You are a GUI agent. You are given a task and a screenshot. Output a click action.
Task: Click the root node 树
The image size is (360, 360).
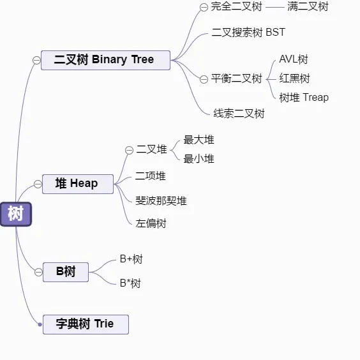tap(15, 214)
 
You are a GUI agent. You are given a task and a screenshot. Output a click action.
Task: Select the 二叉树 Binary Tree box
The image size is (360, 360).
tap(105, 60)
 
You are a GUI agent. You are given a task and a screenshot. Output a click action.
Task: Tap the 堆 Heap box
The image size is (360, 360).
tap(78, 184)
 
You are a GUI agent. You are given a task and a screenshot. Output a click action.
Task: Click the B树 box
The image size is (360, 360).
tap(65, 272)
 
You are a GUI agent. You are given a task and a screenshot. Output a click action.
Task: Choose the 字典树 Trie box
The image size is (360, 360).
tap(86, 324)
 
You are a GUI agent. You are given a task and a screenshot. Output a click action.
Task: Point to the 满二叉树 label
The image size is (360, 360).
tap(308, 7)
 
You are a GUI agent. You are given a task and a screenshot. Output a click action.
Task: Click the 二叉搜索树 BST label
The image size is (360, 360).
tap(248, 32)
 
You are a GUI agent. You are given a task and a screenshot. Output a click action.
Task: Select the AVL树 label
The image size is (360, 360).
tap(294, 59)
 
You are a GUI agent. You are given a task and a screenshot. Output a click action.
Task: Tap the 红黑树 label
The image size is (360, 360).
tap(294, 79)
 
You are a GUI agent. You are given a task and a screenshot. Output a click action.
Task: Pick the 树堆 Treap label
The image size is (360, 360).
tap(304, 98)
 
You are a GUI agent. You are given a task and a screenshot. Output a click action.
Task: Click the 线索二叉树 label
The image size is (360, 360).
tap(239, 114)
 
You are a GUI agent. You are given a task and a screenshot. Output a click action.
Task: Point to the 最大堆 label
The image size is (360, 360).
tap(199, 140)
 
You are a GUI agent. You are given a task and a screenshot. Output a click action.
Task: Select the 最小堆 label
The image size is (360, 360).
tap(199, 159)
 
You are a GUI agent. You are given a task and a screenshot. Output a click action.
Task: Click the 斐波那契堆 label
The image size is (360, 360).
tap(161, 201)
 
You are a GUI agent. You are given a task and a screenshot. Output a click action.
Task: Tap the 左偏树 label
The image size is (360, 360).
tap(151, 224)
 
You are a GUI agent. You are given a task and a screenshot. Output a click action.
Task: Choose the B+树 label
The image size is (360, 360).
tap(131, 259)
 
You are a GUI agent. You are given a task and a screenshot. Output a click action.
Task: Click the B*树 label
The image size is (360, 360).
tap(130, 283)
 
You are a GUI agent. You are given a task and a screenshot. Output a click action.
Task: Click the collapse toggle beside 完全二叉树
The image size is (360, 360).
tap(204, 8)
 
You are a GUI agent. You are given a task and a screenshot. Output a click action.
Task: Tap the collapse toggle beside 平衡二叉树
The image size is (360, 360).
tap(204, 79)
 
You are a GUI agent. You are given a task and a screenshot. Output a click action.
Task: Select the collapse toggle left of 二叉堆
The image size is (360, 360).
tap(129, 150)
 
